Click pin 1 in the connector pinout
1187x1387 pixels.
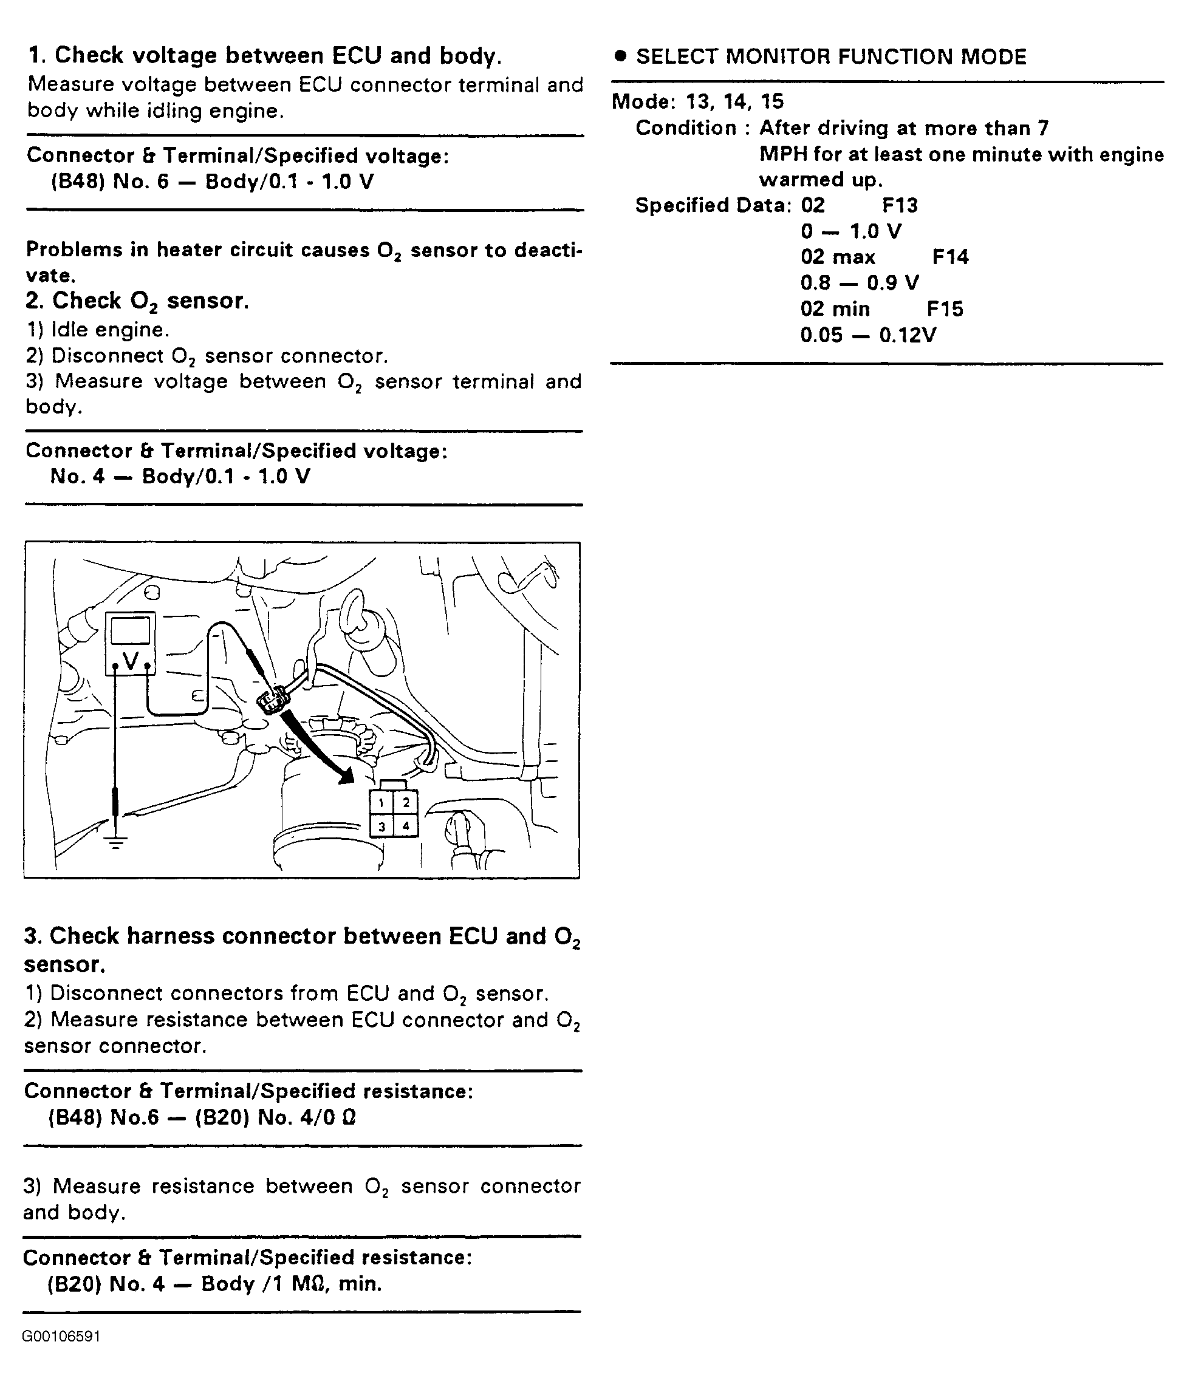click(x=381, y=803)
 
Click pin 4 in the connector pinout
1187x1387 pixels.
click(x=406, y=826)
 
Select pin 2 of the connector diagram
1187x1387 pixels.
click(x=406, y=803)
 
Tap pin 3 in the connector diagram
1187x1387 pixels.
click(x=381, y=826)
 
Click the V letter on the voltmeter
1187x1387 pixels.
click(x=131, y=661)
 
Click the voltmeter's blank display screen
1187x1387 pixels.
click(x=131, y=631)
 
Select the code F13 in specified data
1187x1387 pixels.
click(x=899, y=205)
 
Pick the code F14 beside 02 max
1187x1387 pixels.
click(x=950, y=257)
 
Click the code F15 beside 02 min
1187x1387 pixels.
click(x=945, y=309)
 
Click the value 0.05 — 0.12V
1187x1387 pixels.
click(x=867, y=335)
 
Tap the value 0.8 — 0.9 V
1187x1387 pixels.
click(x=859, y=283)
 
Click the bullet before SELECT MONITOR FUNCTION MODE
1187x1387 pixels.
click(x=620, y=56)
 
